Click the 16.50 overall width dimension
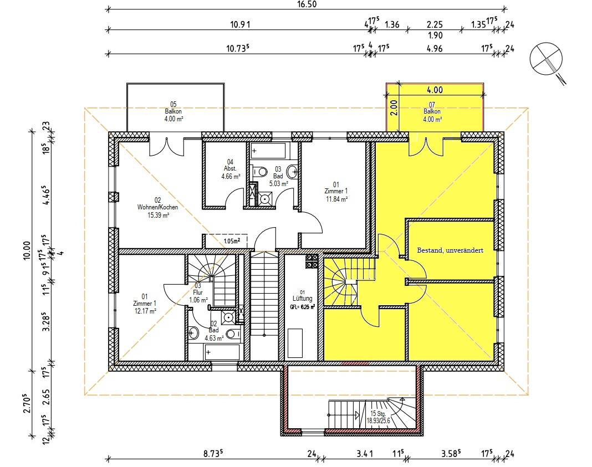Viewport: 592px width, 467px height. click(307, 4)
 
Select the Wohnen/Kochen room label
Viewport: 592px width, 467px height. click(157, 208)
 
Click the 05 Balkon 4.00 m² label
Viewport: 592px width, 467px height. click(173, 111)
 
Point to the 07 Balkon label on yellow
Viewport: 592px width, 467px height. click(432, 112)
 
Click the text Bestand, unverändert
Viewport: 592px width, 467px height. click(450, 250)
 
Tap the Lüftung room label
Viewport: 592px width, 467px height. click(303, 299)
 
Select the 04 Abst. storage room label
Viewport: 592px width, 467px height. click(230, 169)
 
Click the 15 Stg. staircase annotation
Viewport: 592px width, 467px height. click(378, 417)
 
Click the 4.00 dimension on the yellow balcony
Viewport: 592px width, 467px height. click(435, 90)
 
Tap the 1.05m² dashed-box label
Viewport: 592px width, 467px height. click(232, 241)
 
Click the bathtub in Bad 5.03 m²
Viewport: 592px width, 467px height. click(268, 151)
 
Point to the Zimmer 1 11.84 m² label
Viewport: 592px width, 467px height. click(336, 192)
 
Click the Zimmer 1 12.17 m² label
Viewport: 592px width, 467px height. click(145, 304)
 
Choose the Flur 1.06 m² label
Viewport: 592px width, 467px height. click(198, 292)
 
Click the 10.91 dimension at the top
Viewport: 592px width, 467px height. click(240, 24)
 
